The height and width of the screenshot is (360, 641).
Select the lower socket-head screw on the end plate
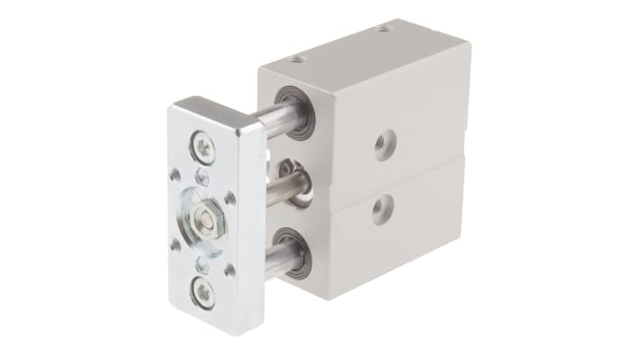[204, 292]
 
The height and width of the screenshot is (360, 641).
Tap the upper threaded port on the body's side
[385, 143]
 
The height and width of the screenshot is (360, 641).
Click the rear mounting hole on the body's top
[386, 29]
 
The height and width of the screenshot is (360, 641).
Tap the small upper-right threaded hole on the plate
[229, 197]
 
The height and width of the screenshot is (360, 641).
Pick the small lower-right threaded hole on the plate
[230, 268]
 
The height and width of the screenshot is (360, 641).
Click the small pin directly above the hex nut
[202, 178]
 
